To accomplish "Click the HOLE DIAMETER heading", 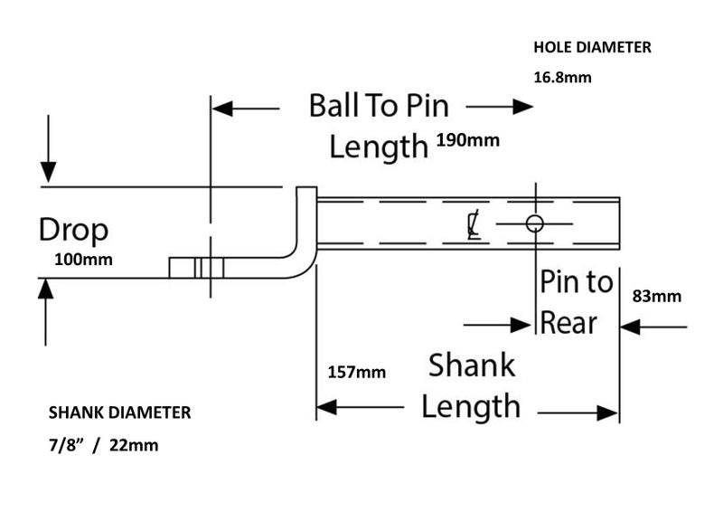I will coord(592,48).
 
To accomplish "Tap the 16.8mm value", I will coord(562,77).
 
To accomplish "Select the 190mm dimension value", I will coord(467,141).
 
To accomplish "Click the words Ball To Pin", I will coord(379,106).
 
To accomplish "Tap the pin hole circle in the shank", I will coord(534,223).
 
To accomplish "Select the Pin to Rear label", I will coord(576,301).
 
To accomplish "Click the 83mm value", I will coord(657,296).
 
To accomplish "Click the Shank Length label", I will coord(471,385).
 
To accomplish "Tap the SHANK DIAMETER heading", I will coord(118,413).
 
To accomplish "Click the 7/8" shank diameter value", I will coord(68,445).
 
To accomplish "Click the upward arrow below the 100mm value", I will coord(45,299).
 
